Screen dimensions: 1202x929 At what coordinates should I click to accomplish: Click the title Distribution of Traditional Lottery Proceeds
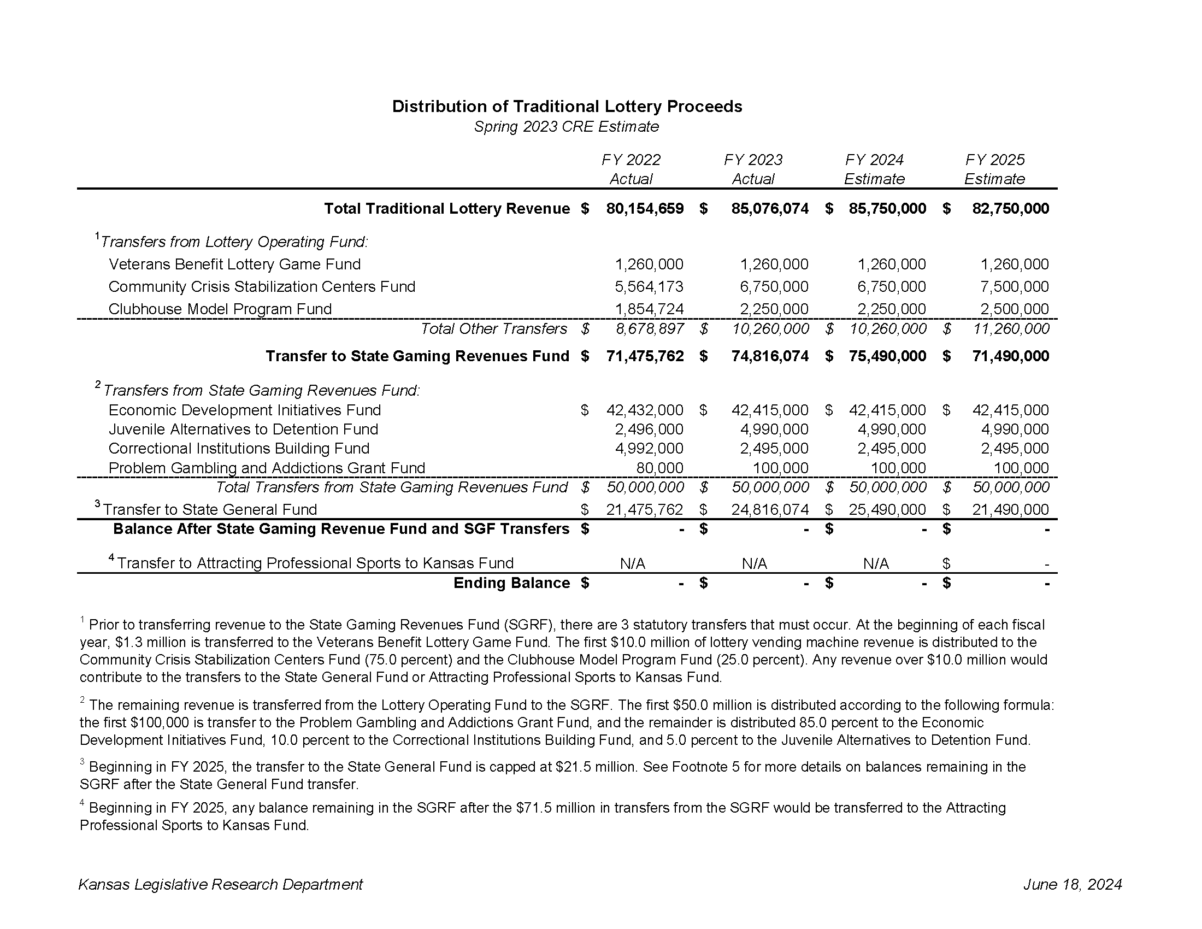click(567, 106)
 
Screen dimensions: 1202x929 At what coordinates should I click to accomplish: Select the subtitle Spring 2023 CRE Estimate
click(567, 127)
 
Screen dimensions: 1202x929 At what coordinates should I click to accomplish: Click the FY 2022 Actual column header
click(631, 169)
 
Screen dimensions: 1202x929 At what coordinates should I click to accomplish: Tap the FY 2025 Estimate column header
click(994, 169)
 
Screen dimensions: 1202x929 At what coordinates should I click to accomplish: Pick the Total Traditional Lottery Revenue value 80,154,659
click(645, 209)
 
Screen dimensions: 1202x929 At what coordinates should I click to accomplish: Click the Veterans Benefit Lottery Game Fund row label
click(234, 264)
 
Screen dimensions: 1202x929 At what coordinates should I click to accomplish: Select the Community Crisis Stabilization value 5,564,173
click(649, 287)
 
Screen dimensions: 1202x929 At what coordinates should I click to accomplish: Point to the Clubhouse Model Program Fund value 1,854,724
click(649, 309)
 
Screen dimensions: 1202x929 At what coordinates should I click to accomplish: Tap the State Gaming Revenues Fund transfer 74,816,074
click(769, 356)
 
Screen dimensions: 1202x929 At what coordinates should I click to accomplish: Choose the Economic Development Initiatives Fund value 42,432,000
click(645, 410)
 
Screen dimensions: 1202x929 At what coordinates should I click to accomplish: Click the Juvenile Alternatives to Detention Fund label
click(243, 430)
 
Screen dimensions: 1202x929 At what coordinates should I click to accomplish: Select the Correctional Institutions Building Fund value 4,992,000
click(649, 449)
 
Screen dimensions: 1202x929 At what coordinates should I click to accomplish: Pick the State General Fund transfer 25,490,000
click(887, 510)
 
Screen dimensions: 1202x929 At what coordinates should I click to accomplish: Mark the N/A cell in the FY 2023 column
click(754, 563)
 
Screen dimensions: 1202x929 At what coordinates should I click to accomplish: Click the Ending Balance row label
click(511, 583)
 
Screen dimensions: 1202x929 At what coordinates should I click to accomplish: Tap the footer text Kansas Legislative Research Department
click(221, 884)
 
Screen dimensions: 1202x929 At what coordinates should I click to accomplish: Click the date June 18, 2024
click(1072, 884)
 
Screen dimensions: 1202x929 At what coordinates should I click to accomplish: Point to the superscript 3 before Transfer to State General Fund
click(97, 504)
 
